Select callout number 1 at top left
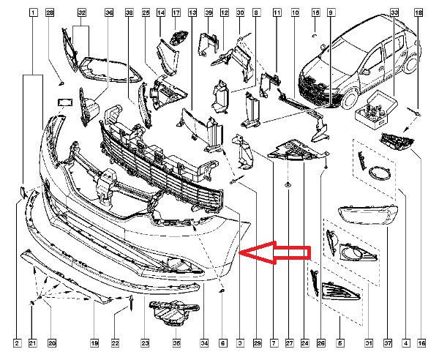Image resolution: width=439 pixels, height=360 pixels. coord(33,12)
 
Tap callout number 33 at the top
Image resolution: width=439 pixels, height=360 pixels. coord(394,12)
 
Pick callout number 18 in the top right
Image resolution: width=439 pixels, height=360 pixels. coord(419,12)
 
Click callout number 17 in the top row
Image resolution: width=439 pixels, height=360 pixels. coord(176,12)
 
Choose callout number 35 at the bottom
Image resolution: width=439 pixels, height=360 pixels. coord(176,343)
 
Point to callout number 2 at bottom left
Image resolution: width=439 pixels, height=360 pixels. coord(17,343)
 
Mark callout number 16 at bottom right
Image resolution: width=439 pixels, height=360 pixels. coord(421,343)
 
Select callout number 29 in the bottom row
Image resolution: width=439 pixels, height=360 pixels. coord(257,343)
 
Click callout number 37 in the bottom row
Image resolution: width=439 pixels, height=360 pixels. coord(388,343)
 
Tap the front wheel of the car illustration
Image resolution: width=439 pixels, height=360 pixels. coord(350,100)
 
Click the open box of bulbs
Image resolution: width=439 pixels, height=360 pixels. coord(376,108)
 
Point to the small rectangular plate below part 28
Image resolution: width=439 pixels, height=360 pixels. coord(65,102)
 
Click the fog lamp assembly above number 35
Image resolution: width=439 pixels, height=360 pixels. coord(174,313)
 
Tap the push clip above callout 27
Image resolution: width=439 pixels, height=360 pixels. coord(288,184)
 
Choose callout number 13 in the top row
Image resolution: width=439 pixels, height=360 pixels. coord(192,12)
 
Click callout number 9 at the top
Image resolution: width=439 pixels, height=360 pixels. coord(331,12)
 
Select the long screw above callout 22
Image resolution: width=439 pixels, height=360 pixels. coord(131,303)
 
